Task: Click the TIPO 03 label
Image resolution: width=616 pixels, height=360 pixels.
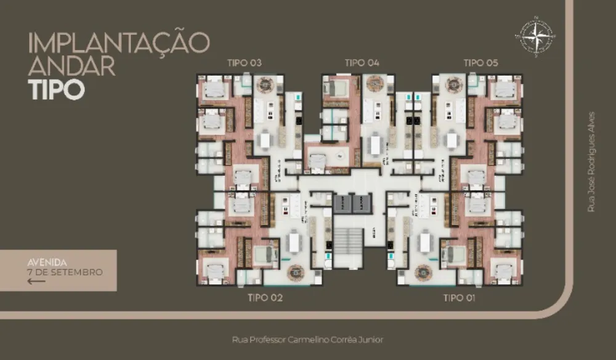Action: [x=245, y=63]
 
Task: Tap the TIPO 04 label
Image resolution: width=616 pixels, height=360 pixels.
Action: [x=362, y=63]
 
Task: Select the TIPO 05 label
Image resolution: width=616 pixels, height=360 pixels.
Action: [x=480, y=63]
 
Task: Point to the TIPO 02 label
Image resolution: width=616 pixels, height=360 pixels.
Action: [x=265, y=298]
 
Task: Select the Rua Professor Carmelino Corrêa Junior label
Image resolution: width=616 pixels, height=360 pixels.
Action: [x=308, y=340]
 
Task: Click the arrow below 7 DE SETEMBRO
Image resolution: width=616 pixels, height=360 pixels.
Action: [x=37, y=281]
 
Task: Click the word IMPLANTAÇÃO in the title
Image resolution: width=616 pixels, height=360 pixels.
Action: [x=119, y=43]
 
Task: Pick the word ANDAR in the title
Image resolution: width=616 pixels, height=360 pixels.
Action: [x=72, y=66]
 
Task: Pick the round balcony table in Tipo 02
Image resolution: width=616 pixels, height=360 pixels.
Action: [x=294, y=271]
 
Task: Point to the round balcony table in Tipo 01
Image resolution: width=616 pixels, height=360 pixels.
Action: [x=424, y=271]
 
